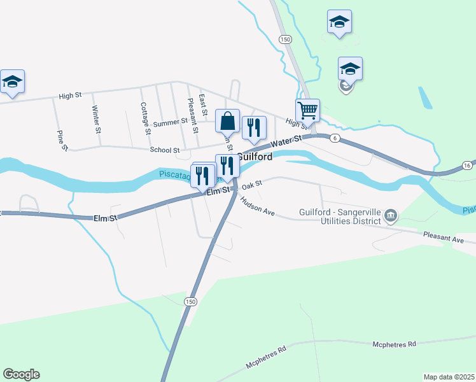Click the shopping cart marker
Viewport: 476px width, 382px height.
tap(307, 111)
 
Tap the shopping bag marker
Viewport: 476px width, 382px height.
tap(228, 120)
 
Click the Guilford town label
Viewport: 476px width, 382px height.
tap(255, 157)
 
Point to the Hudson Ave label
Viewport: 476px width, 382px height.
tap(257, 206)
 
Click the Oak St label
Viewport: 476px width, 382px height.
tap(252, 185)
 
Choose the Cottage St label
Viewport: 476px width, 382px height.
tap(145, 118)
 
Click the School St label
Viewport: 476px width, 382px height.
tap(165, 150)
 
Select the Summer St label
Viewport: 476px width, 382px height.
tap(171, 121)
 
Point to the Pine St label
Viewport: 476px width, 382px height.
tap(62, 141)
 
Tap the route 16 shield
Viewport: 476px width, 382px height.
tap(468, 165)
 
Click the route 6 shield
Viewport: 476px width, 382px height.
tap(335, 138)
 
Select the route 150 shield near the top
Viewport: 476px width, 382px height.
tap(285, 39)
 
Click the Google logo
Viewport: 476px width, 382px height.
tap(21, 374)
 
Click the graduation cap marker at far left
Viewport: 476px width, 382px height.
tap(12, 82)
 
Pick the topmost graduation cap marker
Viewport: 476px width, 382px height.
tap(339, 22)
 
